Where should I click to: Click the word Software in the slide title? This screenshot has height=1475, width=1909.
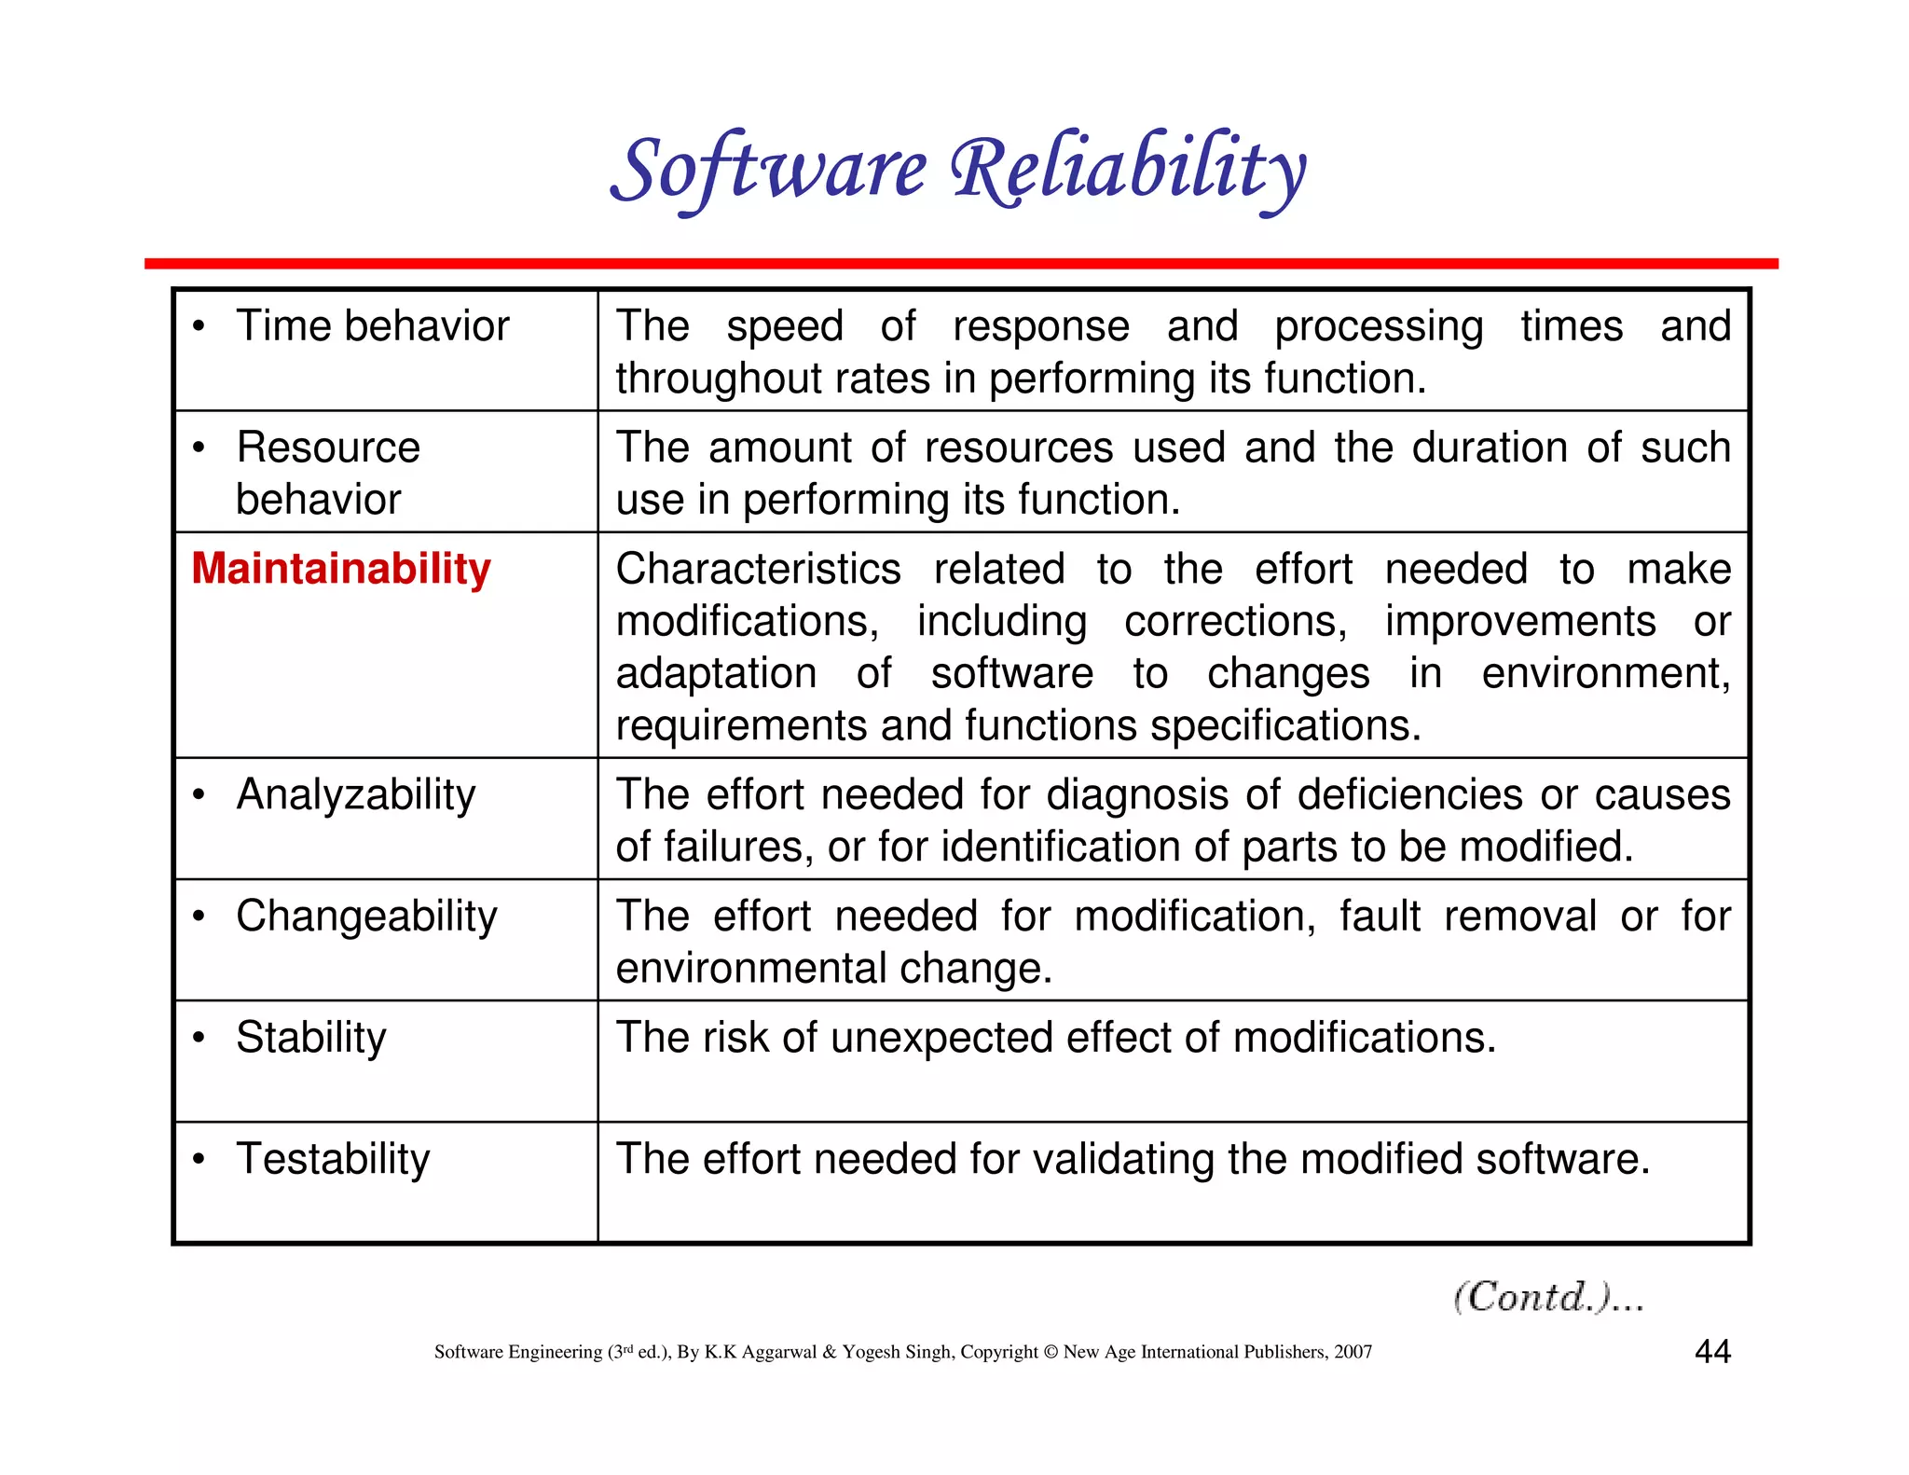(x=768, y=170)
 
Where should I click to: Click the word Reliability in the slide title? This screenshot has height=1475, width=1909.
(x=1128, y=170)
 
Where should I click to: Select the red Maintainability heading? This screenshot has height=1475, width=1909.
(x=341, y=569)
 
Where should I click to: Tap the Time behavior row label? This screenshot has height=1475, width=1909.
(x=372, y=326)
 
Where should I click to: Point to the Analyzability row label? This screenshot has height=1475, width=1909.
(x=355, y=795)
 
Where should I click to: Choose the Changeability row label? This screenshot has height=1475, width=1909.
(x=366, y=917)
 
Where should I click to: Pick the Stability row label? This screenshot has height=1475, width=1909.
(x=310, y=1038)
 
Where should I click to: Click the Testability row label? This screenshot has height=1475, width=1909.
(x=333, y=1159)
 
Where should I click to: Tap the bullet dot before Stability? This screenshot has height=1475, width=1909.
(x=199, y=1039)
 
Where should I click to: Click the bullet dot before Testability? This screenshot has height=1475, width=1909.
(x=199, y=1160)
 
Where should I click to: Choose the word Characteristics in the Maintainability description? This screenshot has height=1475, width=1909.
(x=758, y=569)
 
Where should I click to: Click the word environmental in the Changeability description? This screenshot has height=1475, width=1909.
(x=749, y=969)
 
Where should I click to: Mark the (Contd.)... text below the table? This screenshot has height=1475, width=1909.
(x=1548, y=1297)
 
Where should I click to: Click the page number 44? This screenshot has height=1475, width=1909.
(x=1712, y=1352)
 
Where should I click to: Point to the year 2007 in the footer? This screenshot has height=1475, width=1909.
(x=1353, y=1352)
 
